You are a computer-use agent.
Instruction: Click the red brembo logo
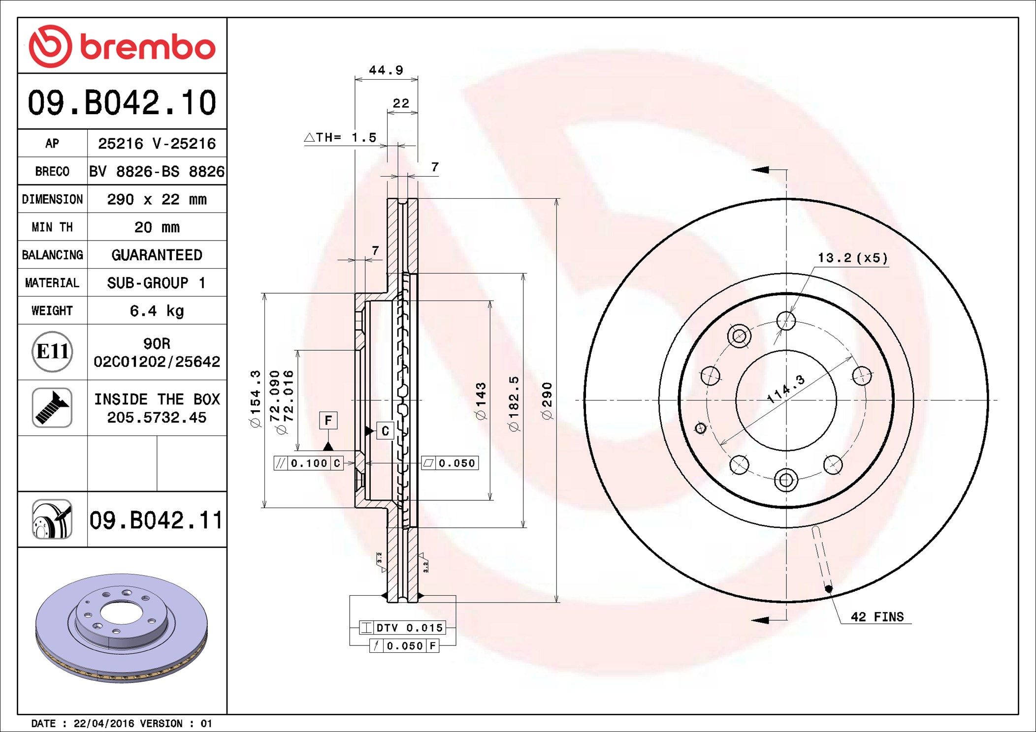coord(122,46)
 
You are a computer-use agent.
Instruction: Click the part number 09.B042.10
coord(122,103)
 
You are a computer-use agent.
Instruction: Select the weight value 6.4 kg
coord(157,310)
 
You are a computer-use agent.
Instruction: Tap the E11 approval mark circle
coord(52,352)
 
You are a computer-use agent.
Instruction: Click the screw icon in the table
coord(52,407)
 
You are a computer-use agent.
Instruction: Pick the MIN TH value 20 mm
coord(157,227)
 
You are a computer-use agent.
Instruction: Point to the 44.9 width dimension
coord(386,70)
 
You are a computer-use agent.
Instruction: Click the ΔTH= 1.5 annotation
coord(341,138)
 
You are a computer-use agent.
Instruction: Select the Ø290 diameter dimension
coord(547,400)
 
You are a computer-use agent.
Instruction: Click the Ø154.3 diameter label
coord(255,398)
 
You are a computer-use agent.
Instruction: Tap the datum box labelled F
coord(328,421)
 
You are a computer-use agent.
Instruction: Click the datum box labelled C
coord(385,431)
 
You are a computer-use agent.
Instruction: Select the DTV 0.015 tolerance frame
coord(402,628)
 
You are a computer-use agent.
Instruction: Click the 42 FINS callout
coord(877,617)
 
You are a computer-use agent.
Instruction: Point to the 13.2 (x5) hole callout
coord(852,258)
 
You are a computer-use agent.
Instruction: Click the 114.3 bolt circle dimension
coord(786,389)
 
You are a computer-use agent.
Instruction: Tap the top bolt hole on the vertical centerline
coord(786,321)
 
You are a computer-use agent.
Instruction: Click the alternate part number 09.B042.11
coord(156,520)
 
